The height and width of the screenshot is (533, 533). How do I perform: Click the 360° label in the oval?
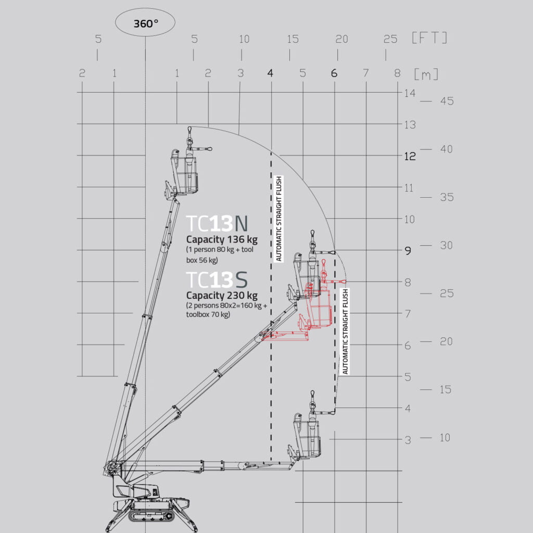point(145,24)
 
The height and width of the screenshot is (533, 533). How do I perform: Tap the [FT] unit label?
point(429,38)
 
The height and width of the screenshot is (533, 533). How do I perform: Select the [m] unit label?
point(426,74)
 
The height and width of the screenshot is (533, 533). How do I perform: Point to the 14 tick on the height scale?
point(410,93)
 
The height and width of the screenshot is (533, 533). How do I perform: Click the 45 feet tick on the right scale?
point(447,101)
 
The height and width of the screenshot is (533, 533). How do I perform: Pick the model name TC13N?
point(218,223)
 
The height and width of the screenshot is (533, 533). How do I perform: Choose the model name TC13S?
point(218,280)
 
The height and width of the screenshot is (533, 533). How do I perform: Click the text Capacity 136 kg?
point(222,240)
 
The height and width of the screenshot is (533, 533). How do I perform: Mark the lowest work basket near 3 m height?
point(307,437)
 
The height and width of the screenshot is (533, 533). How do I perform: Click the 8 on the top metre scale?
point(397,73)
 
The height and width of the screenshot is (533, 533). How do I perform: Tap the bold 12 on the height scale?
point(410,156)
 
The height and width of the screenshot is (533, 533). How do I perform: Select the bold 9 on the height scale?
point(408,251)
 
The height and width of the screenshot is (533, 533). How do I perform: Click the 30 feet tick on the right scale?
point(447,246)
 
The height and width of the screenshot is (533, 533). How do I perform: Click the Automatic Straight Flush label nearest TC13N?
point(278,219)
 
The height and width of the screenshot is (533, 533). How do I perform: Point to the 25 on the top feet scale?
point(390,39)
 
